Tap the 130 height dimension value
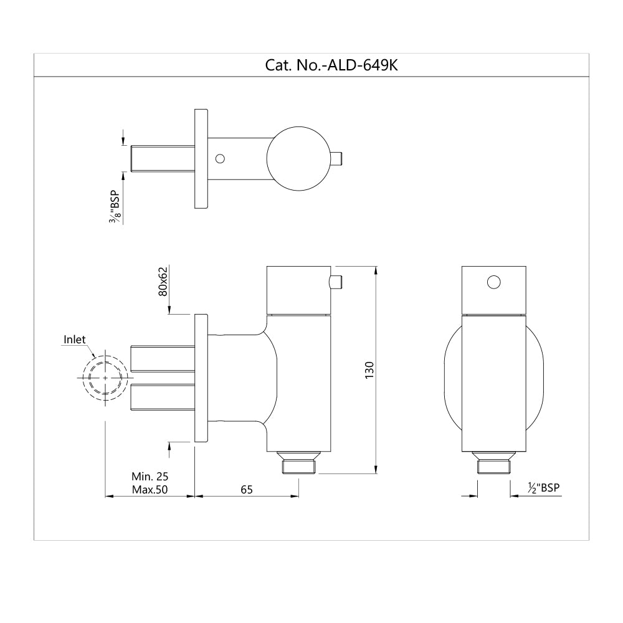(368, 371)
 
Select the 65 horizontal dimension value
(246, 490)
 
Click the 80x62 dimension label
(163, 282)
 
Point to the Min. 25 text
(150, 477)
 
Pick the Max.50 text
(150, 490)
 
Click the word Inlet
(74, 340)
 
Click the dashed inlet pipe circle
(105, 378)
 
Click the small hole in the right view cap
(493, 282)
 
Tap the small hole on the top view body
(219, 158)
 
